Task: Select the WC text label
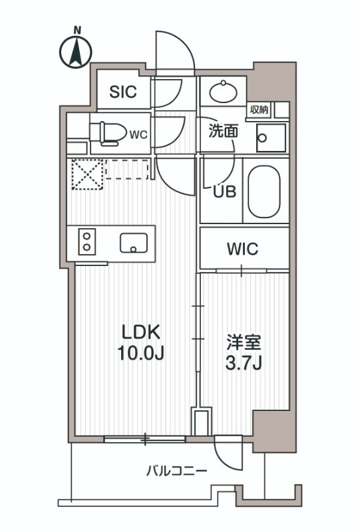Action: [x=138, y=134]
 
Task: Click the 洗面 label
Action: [x=223, y=131]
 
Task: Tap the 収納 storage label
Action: [x=260, y=110]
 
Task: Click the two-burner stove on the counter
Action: [x=86, y=240]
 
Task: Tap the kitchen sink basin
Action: [x=134, y=243]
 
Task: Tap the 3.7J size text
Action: [x=244, y=364]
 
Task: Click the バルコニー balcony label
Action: [x=176, y=471]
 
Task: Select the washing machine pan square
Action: [x=271, y=138]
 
